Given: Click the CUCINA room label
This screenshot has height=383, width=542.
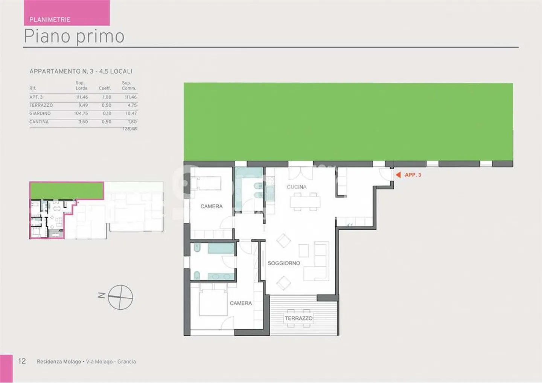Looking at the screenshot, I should [x=297, y=187].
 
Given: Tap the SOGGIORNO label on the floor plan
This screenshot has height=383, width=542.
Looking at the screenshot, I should [x=284, y=263].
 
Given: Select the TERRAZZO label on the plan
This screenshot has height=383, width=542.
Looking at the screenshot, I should [x=298, y=318].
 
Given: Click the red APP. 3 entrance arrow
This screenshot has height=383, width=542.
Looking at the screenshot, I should [x=398, y=175].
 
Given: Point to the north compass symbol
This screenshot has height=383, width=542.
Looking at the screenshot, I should [x=120, y=297].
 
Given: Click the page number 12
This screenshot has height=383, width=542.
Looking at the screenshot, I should [x=22, y=361].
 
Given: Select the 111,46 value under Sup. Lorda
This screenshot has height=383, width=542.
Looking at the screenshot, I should [x=82, y=97].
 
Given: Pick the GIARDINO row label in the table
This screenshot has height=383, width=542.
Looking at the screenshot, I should [x=40, y=113].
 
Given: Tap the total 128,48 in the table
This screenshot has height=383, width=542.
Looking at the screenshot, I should [x=129, y=129].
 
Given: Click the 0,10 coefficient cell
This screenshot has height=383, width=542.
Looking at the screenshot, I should [x=107, y=113].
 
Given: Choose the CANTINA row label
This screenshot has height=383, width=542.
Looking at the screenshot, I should [x=39, y=122].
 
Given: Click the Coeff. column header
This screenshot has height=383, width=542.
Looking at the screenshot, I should [x=105, y=88].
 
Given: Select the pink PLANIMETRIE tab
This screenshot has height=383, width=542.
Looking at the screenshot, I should [x=67, y=13].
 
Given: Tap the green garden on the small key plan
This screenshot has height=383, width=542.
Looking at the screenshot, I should [x=67, y=190].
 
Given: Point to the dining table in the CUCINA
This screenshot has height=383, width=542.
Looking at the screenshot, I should [x=305, y=202].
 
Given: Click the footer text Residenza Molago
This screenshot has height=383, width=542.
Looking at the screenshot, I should [x=59, y=362].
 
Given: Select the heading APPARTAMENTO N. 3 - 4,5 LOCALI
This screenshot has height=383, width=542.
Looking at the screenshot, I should [x=81, y=71].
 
